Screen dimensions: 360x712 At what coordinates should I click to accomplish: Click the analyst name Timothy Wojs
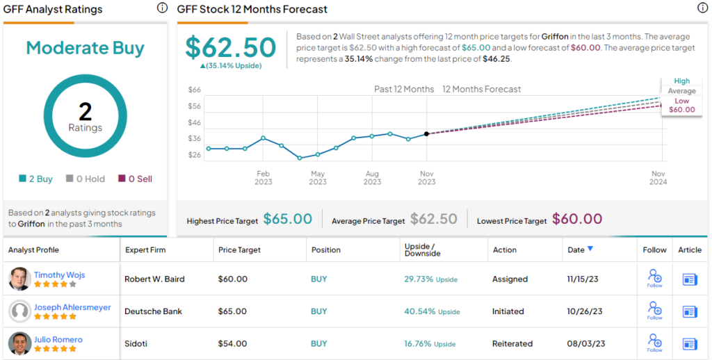pos(59,275)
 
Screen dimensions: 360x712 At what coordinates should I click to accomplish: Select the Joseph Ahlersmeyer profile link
pos(72,307)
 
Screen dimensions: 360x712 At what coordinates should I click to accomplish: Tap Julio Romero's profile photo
pos(19,343)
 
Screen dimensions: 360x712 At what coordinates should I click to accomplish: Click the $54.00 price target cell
pos(233,344)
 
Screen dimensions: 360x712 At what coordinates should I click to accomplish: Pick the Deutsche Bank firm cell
pos(153,311)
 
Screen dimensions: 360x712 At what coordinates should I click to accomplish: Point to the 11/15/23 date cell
pos(585,279)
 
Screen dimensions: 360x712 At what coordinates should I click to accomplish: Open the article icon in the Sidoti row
pos(690,343)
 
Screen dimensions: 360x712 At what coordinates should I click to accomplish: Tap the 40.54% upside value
pos(419,311)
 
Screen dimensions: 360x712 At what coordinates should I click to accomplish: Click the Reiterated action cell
pos(512,344)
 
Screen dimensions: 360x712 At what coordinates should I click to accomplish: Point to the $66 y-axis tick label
pos(195,90)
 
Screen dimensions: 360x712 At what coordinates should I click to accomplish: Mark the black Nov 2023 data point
pos(426,133)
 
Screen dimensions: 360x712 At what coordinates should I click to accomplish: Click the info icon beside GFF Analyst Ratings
pos(162,8)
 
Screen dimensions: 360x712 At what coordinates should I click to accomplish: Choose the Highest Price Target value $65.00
pos(287,220)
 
